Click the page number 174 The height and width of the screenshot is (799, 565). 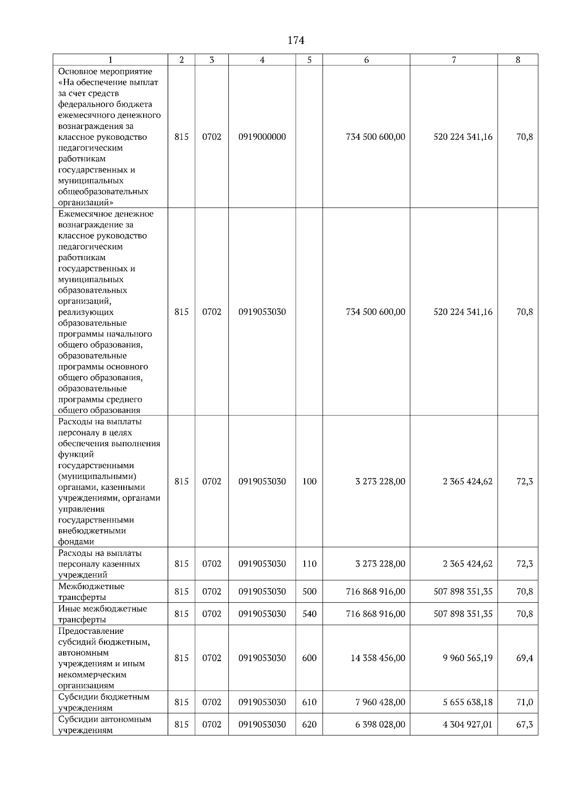point(296,40)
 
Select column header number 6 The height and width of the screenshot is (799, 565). point(366,60)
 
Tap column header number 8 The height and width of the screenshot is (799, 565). point(518,60)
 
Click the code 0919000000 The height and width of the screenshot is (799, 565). point(262,137)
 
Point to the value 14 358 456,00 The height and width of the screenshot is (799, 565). point(378,658)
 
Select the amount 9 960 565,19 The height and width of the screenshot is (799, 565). point(468,658)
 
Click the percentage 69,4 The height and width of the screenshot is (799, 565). point(525,658)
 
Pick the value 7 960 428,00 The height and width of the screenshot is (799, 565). point(380,702)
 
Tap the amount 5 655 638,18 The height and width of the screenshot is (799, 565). point(468,702)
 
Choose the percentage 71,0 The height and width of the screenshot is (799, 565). point(525,702)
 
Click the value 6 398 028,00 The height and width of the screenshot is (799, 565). point(380,724)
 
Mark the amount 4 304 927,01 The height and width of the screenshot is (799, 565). point(468,724)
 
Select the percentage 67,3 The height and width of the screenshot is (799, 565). point(525,724)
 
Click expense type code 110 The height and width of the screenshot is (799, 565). point(309,564)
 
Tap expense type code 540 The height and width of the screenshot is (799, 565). point(309,614)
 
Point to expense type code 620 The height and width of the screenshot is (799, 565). point(309,724)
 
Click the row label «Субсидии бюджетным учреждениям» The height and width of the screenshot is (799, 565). point(104,702)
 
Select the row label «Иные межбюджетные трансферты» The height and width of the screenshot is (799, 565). point(103,614)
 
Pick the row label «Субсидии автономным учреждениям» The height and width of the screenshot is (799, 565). point(105,725)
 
